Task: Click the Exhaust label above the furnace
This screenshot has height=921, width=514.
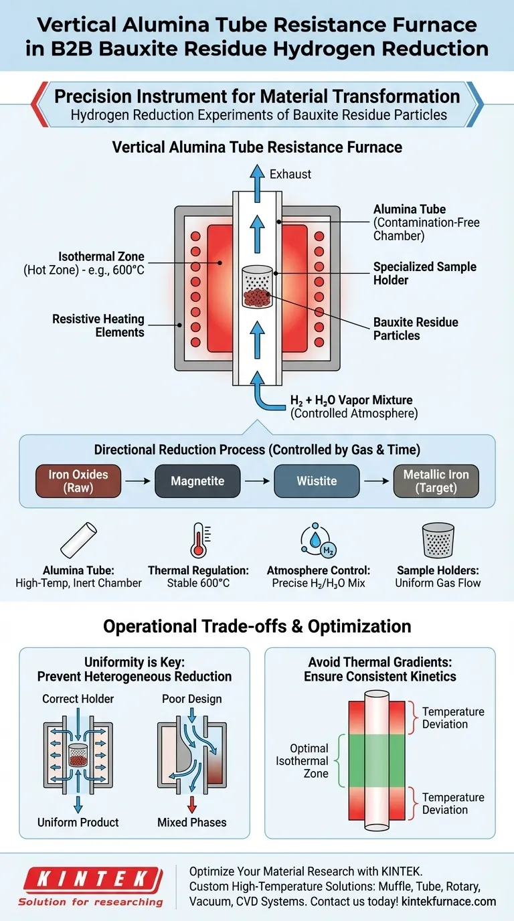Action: click(290, 174)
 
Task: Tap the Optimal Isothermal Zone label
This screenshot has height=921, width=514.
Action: click(309, 761)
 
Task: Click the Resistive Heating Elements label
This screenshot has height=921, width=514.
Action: click(98, 326)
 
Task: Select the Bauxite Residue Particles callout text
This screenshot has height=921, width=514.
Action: click(415, 328)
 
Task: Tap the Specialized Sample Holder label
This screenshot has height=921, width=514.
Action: click(424, 273)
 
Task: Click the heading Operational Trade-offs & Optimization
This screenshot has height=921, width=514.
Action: click(257, 626)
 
